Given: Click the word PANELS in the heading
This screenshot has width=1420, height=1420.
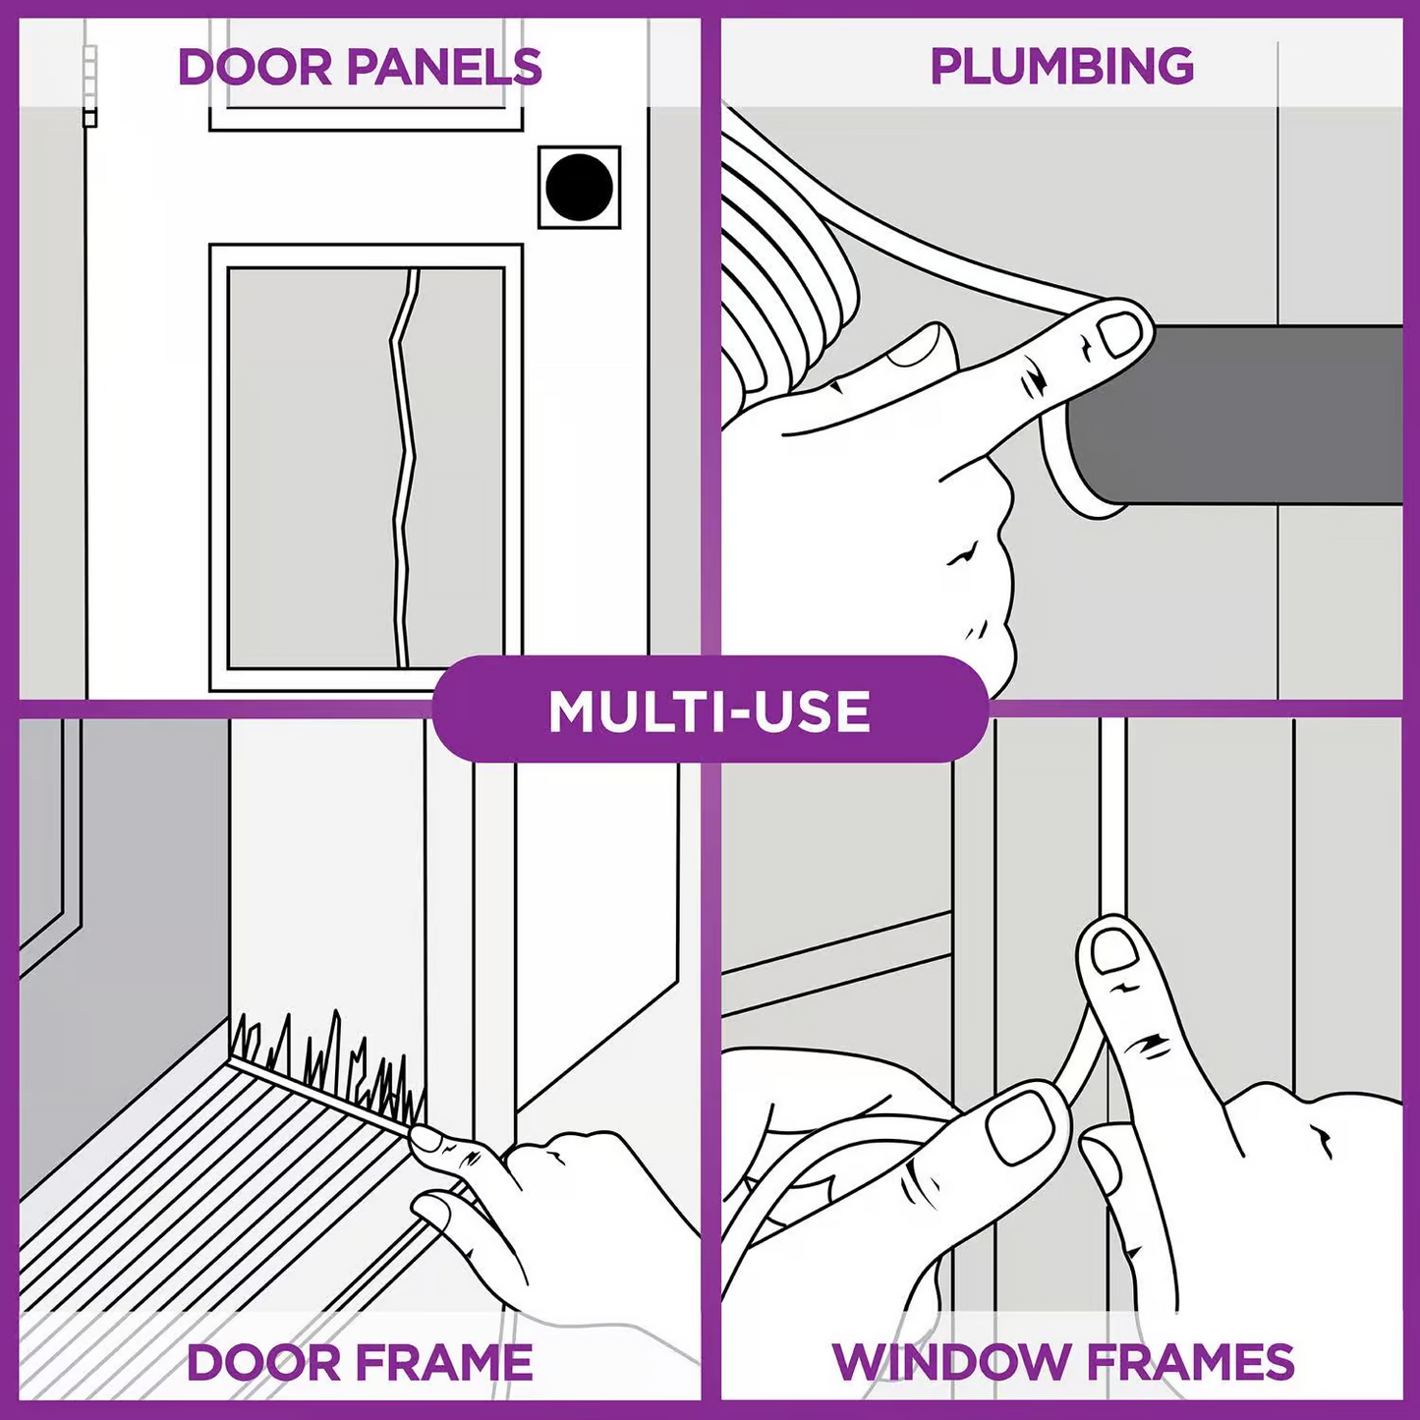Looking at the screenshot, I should click(x=444, y=67).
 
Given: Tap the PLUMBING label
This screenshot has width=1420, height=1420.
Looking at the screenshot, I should click(x=1061, y=67).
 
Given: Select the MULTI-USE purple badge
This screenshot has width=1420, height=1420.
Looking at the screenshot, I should click(x=710, y=710).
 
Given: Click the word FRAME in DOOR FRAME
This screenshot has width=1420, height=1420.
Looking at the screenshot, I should click(x=443, y=1363).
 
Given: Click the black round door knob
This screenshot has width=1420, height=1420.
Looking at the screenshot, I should click(x=579, y=187).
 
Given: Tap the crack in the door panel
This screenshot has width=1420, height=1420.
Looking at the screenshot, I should click(x=403, y=462).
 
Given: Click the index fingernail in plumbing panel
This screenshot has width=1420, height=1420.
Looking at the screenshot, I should click(x=1119, y=335).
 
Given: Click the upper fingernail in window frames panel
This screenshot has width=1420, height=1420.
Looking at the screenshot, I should click(x=1114, y=951).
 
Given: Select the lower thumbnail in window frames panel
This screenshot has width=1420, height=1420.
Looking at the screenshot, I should click(x=1022, y=1126).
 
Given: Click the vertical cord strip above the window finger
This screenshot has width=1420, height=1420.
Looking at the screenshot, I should click(x=1112, y=816).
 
